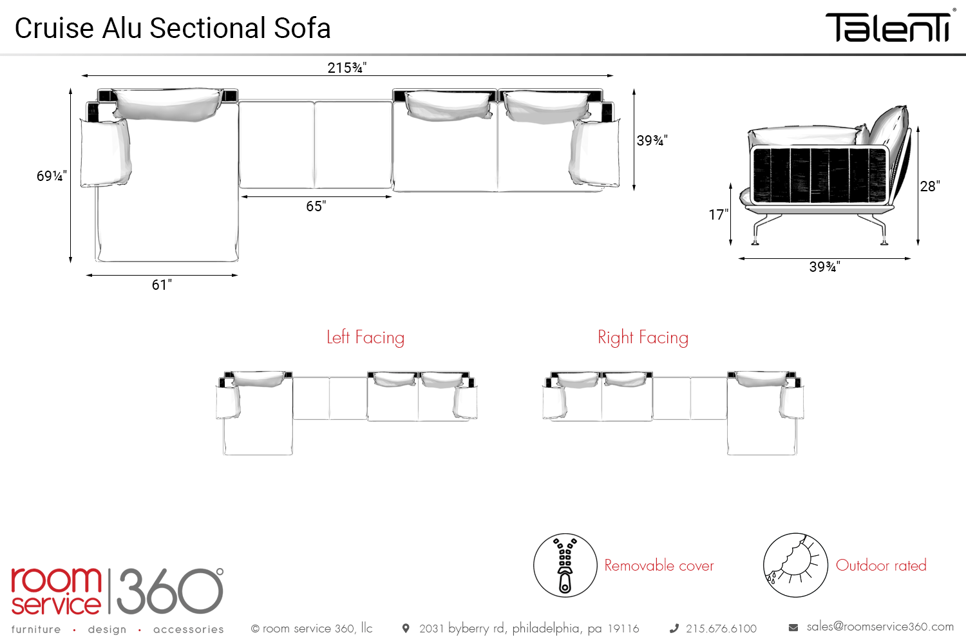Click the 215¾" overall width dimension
click(346, 68)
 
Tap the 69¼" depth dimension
click(52, 176)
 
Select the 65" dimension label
click(316, 206)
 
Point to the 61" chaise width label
click(162, 285)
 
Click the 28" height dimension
click(929, 186)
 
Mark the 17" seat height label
click(718, 214)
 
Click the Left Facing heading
click(365, 337)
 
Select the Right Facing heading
click(643, 337)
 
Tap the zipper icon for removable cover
click(565, 565)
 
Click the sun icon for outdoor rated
click(795, 565)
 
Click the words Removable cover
click(659, 565)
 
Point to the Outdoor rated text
click(881, 565)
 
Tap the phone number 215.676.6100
click(721, 629)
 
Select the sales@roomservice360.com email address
click(880, 627)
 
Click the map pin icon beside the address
click(406, 628)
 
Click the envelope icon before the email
click(793, 627)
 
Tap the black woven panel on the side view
click(819, 174)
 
